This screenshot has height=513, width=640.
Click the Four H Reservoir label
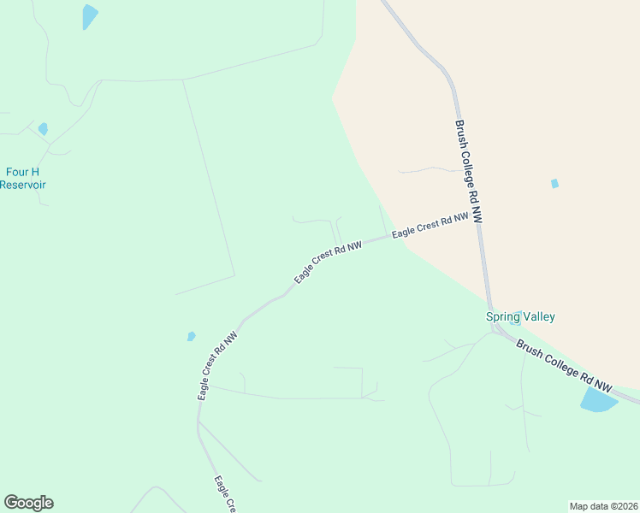(23, 178)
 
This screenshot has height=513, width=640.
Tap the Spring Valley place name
(520, 316)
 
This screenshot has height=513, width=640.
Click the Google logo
(28, 503)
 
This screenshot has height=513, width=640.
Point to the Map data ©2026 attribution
(604, 506)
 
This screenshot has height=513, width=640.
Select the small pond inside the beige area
(554, 183)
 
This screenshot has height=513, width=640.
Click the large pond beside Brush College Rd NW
(598, 399)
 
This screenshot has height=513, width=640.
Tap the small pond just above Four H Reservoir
(43, 129)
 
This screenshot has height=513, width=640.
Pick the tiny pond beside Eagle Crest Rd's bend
(191, 336)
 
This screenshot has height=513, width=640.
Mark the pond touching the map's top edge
(89, 15)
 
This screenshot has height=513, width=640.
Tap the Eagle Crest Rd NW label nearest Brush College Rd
(430, 226)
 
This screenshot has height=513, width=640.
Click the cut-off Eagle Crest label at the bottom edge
(224, 495)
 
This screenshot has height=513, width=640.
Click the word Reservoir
(23, 185)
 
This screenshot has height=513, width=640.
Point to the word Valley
(539, 316)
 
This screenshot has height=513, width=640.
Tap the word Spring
(503, 316)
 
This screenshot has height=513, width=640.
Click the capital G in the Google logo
(11, 502)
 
